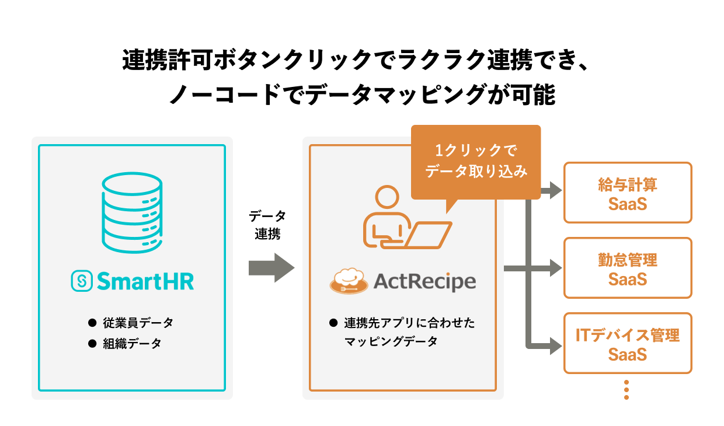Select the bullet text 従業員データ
138,323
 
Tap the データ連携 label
267,225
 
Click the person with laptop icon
403,219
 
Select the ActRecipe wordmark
424,282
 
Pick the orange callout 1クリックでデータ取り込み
476,162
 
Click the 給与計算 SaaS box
628,193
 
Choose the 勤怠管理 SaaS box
628,268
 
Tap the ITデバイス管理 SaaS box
628,343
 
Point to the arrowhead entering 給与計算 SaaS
555,190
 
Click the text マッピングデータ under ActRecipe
391,342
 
